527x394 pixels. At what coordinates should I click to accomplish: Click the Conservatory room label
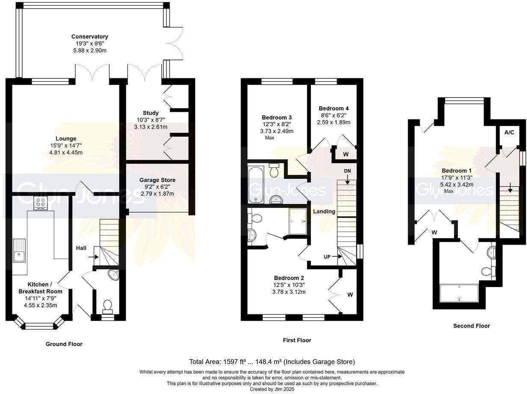pos(90,37)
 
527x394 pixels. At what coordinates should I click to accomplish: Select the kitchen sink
pos(19,251)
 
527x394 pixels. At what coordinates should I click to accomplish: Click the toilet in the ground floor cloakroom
pos(107,306)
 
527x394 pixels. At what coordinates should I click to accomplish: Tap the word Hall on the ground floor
pos(82,248)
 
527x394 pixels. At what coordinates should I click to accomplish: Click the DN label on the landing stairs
pos(347,171)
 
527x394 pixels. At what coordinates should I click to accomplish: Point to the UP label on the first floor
pos(328,257)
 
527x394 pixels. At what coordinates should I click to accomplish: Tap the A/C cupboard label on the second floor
pos(509,132)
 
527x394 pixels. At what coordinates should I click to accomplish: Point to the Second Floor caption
pos(471,326)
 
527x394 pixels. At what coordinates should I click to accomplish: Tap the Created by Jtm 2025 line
pos(272,389)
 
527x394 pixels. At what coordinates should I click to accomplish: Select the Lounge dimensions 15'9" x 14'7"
pos(65,146)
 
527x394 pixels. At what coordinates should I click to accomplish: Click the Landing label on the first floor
pos(324,211)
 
